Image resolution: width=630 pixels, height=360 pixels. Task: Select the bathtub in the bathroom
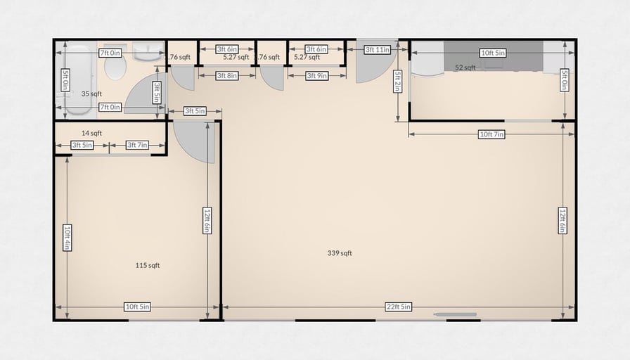(77, 80)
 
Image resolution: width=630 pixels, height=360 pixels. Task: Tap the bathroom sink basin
(148, 52)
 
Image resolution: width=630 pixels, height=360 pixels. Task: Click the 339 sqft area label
(340, 253)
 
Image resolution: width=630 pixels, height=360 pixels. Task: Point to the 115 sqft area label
(148, 265)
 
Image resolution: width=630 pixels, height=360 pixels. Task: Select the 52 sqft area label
(465, 67)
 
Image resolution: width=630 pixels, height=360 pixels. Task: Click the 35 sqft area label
(91, 94)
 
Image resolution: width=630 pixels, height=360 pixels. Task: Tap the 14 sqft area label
(91, 133)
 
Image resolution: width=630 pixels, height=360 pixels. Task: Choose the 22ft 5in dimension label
(399, 307)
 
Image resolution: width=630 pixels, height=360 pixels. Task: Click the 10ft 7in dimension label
(491, 134)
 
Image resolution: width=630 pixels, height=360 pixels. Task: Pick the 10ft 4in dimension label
(67, 238)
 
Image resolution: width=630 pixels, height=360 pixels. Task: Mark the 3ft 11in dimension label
(378, 50)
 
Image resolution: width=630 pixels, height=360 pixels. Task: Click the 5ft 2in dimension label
(397, 81)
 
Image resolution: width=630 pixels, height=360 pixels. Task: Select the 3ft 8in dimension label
(227, 75)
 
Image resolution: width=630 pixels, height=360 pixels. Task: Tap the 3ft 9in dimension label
(317, 75)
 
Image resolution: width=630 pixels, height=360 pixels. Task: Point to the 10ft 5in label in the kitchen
(493, 53)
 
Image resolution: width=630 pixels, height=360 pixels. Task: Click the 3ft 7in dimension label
(137, 145)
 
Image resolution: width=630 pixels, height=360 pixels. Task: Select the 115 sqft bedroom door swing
(193, 142)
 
